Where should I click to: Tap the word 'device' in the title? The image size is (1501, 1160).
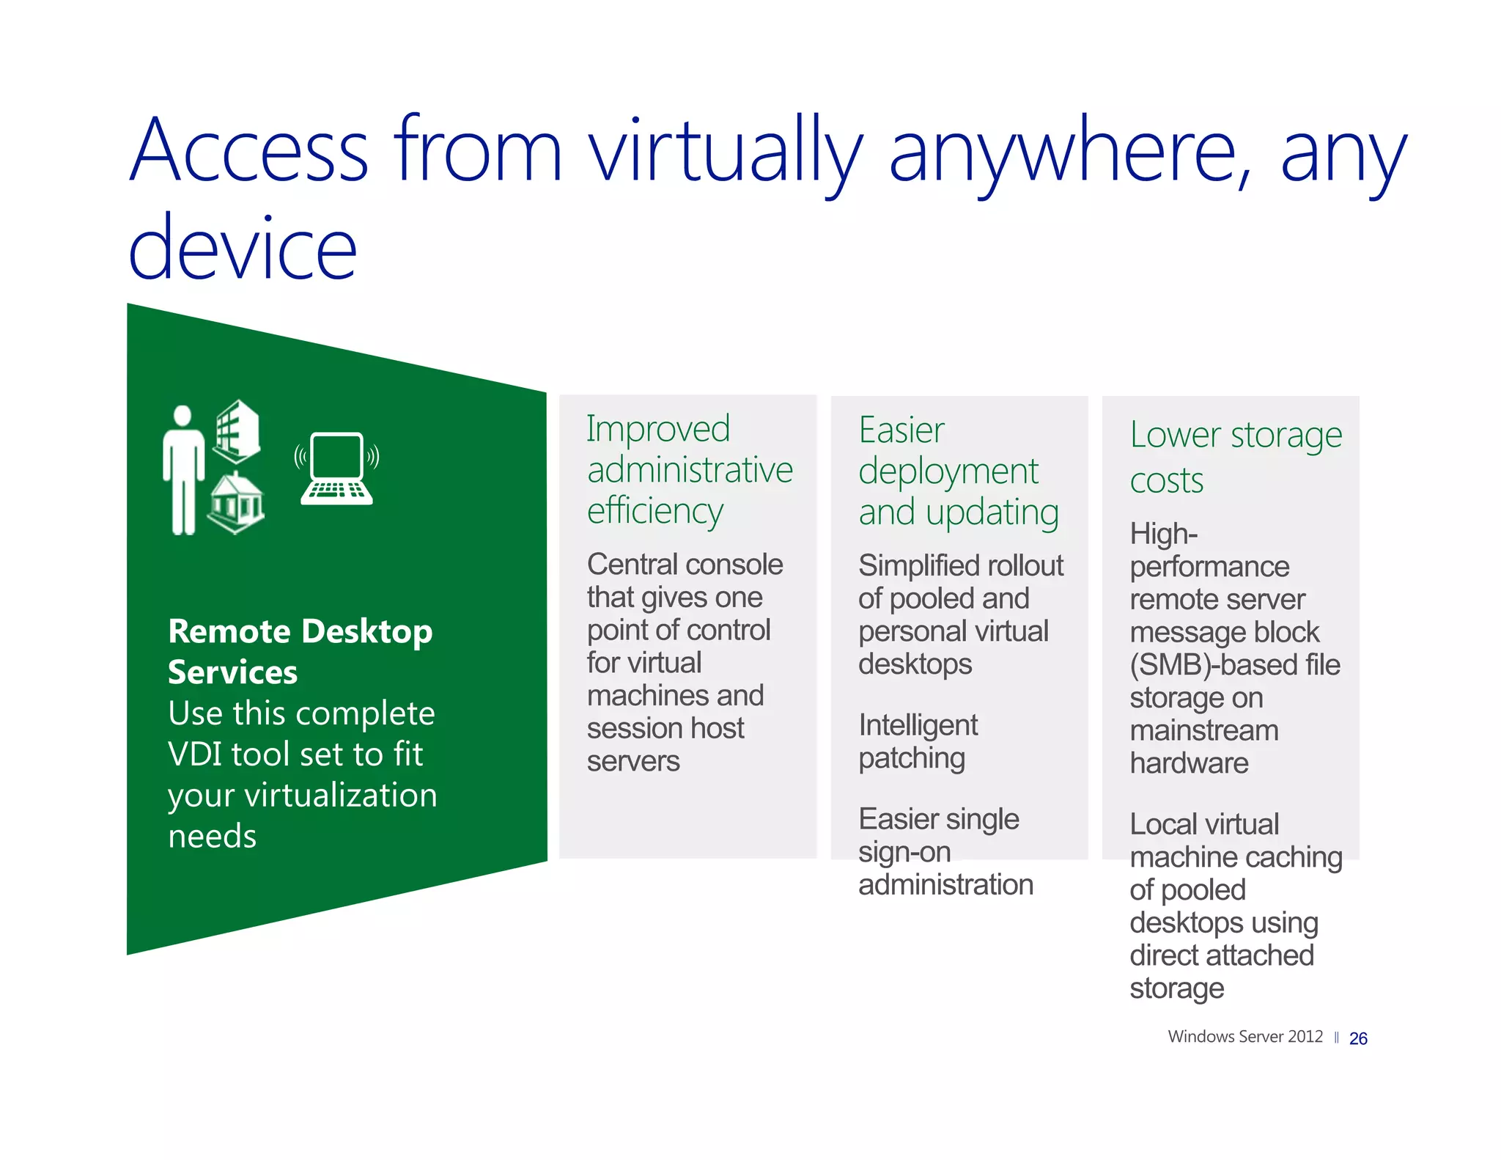pyautogui.click(x=242, y=249)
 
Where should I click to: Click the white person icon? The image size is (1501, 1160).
pyautogui.click(x=182, y=469)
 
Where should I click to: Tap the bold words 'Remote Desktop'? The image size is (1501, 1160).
pyautogui.click(x=300, y=631)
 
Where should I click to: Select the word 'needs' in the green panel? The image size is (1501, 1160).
pyautogui.click(x=212, y=837)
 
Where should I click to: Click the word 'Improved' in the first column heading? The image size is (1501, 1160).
pyautogui.click(x=657, y=429)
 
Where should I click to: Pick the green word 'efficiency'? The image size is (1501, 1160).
pyautogui.click(x=654, y=511)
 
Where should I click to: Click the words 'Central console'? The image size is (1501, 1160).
pyautogui.click(x=685, y=565)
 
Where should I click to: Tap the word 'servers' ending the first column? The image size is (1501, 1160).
pyautogui.click(x=633, y=761)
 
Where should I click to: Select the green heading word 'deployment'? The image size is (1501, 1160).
pyautogui.click(x=948, y=471)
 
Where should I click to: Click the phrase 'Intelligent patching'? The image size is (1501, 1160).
pyautogui.click(x=917, y=741)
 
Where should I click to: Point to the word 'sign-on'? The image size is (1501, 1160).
pyautogui.click(x=904, y=852)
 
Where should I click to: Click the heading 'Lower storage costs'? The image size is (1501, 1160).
pyautogui.click(x=1235, y=457)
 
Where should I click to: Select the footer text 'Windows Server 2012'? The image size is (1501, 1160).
pyautogui.click(x=1244, y=1037)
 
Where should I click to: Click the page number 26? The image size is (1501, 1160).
pyautogui.click(x=1357, y=1039)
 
